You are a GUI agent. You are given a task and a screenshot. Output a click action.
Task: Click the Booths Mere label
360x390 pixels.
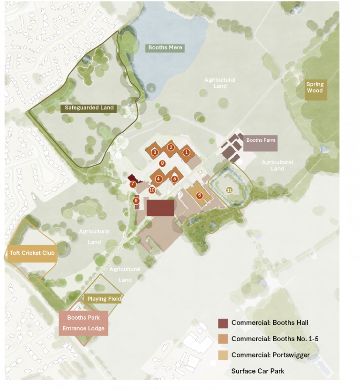165,48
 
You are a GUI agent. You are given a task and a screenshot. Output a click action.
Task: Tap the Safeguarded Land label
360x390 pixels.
90,108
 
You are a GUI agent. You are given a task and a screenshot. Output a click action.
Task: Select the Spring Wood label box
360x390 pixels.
315,88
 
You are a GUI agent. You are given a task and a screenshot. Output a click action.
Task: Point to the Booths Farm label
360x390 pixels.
261,140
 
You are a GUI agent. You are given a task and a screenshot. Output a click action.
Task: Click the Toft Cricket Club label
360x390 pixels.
32,253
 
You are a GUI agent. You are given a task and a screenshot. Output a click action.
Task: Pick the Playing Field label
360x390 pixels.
104,299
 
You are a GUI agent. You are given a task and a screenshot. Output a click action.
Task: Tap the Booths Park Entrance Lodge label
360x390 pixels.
83,323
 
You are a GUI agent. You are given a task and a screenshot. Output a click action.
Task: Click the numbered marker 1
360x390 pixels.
186,152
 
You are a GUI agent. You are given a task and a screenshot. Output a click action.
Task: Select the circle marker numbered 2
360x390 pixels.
171,147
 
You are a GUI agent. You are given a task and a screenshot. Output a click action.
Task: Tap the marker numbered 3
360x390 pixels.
154,152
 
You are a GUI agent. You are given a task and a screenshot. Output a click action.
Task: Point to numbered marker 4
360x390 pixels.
159,178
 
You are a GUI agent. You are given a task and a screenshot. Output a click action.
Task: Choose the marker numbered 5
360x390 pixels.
174,178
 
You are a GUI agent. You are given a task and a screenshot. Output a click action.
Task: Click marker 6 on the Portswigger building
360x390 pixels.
199,195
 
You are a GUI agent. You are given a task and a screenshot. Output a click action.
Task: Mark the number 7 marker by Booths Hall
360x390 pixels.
133,184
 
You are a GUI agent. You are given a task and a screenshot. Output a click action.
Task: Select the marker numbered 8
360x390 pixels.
162,163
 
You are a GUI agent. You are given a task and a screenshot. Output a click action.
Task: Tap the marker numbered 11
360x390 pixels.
229,190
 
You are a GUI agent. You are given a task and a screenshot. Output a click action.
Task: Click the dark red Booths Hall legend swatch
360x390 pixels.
223,323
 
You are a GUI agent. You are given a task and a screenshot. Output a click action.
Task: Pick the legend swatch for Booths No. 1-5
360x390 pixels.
223,339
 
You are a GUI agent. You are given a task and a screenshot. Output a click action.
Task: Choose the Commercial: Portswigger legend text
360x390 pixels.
270,355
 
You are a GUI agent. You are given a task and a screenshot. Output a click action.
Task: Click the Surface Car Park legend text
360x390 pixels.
258,371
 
